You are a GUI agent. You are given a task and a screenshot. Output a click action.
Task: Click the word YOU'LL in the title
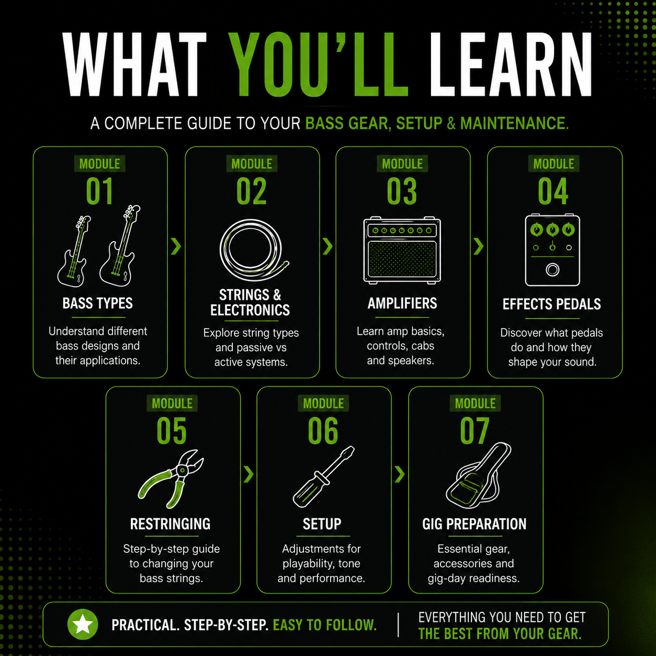pos(318,64)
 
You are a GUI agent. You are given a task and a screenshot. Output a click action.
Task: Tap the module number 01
pos(99,191)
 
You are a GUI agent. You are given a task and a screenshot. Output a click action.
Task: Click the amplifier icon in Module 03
pos(402,250)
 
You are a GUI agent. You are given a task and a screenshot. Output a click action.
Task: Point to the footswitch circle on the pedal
pos(552,270)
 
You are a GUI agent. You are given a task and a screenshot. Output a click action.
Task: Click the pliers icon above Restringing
pos(171,479)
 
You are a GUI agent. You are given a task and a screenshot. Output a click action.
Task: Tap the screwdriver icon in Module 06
pos(323,477)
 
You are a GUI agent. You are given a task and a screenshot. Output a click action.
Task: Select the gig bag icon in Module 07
pos(478,475)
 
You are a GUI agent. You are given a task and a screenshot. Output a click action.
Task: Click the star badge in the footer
pos(83,624)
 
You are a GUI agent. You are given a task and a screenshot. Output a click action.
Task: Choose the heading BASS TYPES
pos(98,303)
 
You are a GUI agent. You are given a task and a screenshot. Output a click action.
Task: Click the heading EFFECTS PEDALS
pos(551,304)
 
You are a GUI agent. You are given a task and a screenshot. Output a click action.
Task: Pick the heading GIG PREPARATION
pos(474,524)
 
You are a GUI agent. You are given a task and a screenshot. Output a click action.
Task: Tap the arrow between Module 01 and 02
pos(176,246)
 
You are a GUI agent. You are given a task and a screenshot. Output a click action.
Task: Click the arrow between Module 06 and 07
pos(400,474)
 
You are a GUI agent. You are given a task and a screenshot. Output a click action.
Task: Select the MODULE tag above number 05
pos(172,403)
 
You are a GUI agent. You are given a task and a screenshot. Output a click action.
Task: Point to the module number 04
pos(553,191)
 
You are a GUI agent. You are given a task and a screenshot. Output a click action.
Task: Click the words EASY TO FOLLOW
pos(325,625)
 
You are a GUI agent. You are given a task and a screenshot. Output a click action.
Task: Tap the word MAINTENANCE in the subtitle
pos(514,123)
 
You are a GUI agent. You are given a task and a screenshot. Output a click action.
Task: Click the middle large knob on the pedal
pos(552,230)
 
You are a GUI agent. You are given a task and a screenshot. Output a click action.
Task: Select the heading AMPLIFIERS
pos(402,303)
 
